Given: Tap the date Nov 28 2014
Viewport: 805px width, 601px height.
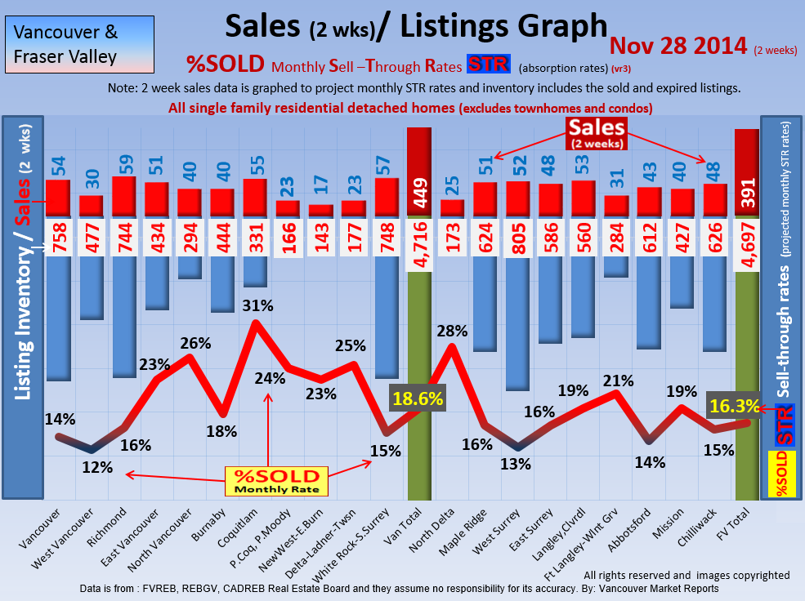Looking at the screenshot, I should (678, 46).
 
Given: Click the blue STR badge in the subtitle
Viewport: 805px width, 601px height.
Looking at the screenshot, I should (487, 65).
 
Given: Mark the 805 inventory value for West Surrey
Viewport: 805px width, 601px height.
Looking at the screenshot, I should (518, 238).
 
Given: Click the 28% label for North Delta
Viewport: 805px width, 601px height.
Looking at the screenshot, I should (452, 332).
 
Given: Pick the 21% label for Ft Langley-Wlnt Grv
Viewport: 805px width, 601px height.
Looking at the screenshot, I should (619, 381).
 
